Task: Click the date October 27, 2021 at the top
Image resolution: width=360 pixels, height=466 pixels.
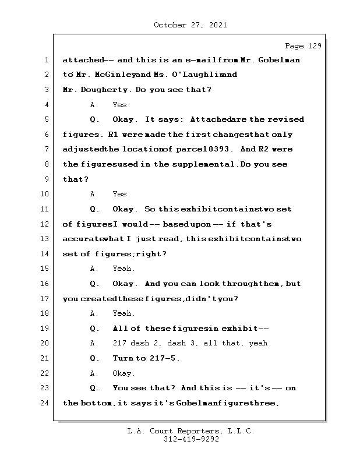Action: (x=190, y=25)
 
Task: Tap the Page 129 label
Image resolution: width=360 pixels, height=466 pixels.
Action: (x=302, y=46)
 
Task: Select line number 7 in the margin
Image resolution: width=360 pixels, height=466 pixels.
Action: (x=46, y=150)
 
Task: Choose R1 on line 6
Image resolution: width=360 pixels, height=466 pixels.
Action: (x=114, y=135)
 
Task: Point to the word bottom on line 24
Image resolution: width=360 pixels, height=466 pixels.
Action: (x=94, y=403)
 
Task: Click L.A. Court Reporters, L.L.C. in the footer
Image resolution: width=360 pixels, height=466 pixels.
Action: (x=190, y=432)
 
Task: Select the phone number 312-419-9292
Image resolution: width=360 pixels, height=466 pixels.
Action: (x=191, y=440)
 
